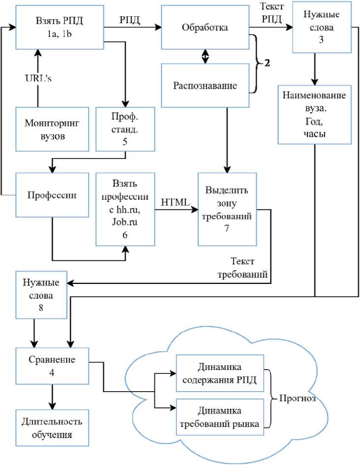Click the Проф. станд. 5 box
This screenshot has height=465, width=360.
pos(125,129)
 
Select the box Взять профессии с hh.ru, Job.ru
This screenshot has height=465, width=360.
pos(125,209)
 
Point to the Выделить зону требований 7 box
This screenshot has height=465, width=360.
pos(227,209)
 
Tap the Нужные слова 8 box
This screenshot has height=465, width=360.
pos(41,294)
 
